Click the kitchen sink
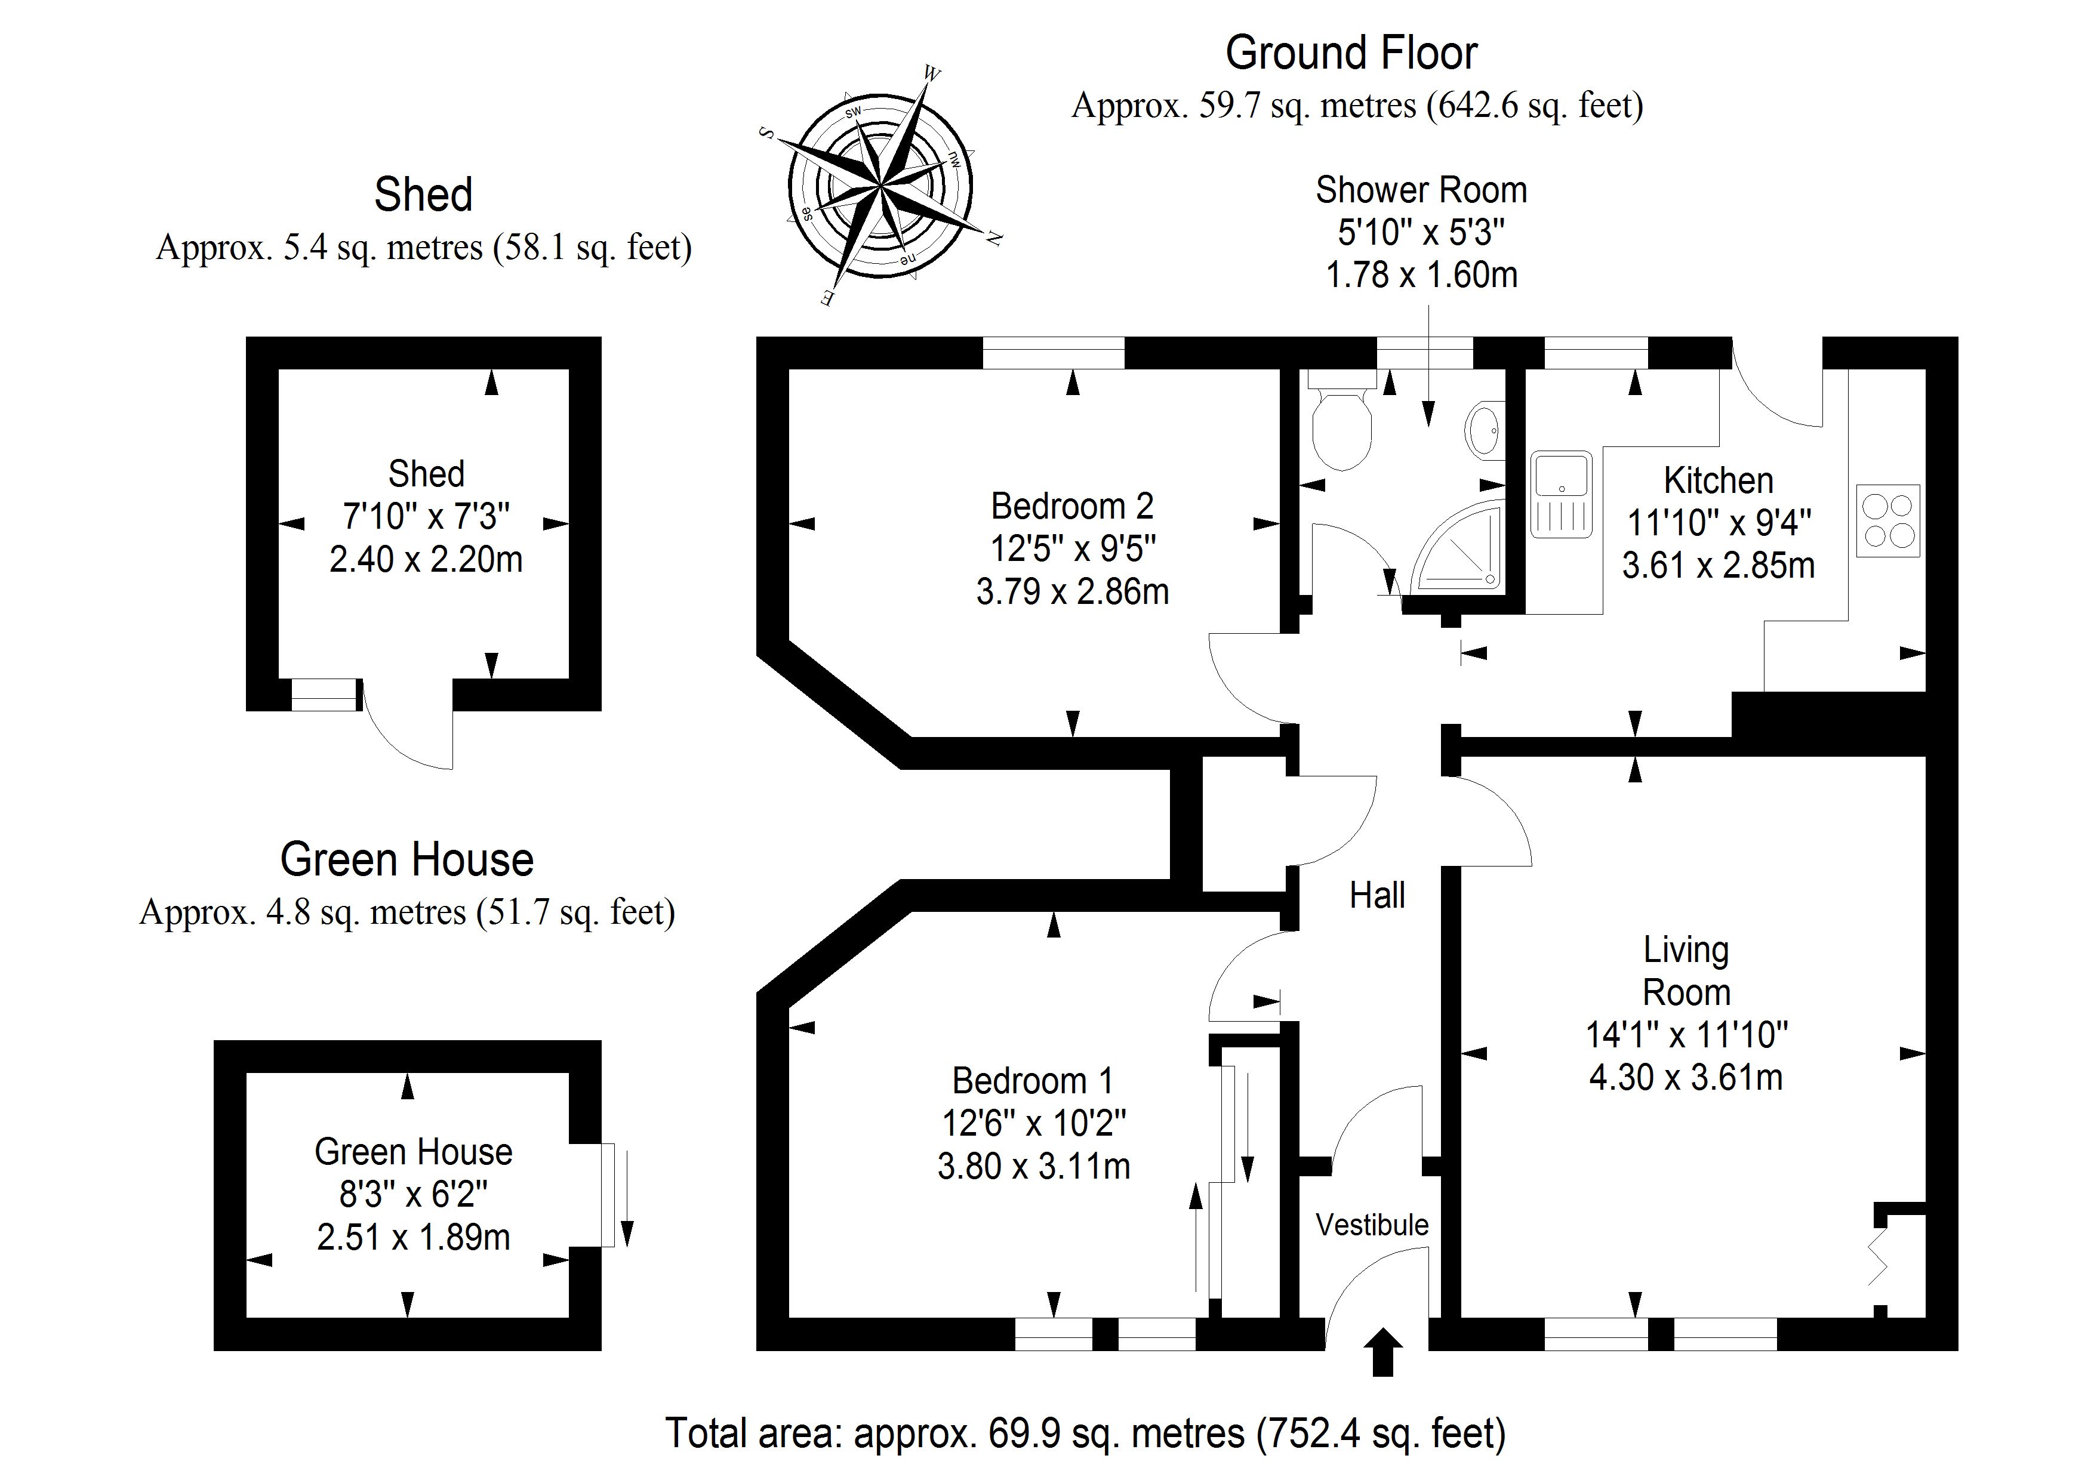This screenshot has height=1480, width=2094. click(x=1562, y=492)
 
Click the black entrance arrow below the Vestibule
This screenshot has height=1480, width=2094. click(x=1384, y=1352)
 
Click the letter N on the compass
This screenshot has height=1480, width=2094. click(x=995, y=239)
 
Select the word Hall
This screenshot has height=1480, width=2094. click(x=1377, y=896)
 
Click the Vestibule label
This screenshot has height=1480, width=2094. click(x=1372, y=1225)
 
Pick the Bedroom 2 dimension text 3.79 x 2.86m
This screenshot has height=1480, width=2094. click(x=1073, y=592)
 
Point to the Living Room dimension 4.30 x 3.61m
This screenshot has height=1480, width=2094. click(x=1686, y=1077)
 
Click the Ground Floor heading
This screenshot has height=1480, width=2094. click(x=1351, y=53)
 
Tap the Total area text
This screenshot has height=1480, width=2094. click(x=1085, y=1433)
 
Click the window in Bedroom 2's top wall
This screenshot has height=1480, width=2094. click(x=1054, y=353)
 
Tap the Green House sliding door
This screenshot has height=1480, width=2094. click(x=609, y=1195)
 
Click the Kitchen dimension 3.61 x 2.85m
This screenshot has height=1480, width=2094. click(x=1719, y=565)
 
